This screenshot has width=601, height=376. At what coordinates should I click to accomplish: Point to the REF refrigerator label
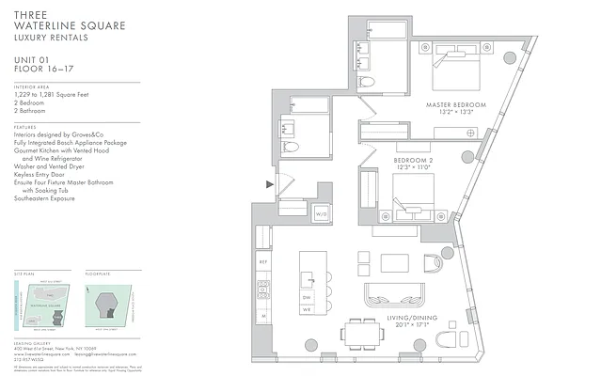click(262, 262)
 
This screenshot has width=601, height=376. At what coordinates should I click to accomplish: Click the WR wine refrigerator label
click(307, 308)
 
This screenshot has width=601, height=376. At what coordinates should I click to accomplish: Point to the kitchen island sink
click(307, 278)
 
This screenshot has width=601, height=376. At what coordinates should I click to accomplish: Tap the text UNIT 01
click(31, 60)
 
